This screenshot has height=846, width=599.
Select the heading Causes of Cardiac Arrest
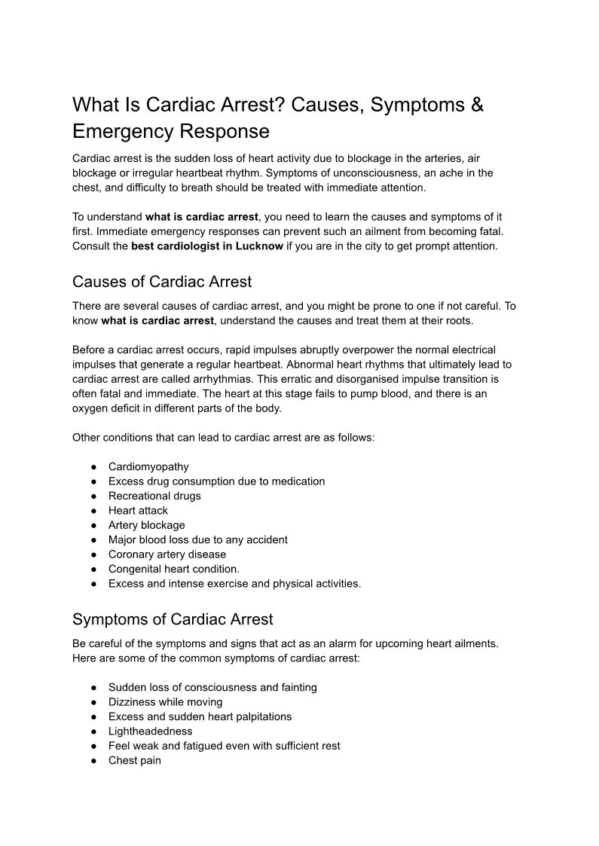[162, 282]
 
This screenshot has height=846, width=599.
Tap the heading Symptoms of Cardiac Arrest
[173, 619]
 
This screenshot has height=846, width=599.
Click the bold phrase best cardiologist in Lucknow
[207, 246]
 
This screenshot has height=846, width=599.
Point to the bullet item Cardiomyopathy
[148, 466]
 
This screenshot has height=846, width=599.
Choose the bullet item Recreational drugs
[154, 496]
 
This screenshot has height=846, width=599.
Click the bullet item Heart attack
[138, 510]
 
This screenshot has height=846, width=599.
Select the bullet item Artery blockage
[146, 525]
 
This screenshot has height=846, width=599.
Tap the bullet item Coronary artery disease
[167, 554]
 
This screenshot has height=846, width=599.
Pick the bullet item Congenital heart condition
[174, 569]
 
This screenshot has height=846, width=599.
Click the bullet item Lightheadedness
[150, 731]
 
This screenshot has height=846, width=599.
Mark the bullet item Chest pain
[135, 760]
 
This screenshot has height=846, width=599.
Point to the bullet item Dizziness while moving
[166, 701]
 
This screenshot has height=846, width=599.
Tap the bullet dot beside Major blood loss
[93, 540]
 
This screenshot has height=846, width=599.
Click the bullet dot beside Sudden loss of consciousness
[93, 688]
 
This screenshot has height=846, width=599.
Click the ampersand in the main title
[478, 104]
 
